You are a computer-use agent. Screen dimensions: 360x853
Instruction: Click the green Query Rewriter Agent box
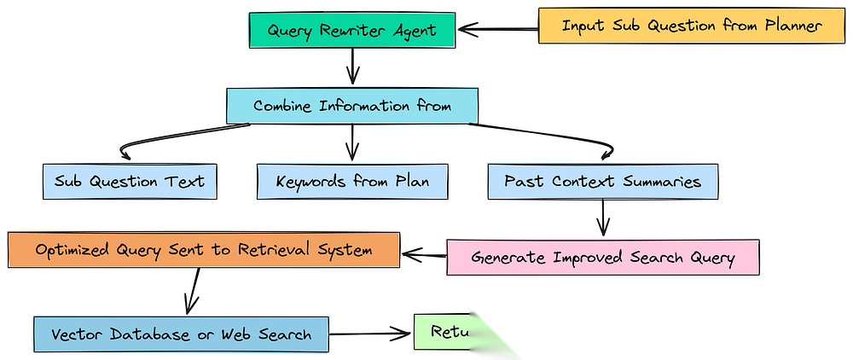[x=351, y=30]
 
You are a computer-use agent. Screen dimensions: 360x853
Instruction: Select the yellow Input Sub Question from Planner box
[x=691, y=26]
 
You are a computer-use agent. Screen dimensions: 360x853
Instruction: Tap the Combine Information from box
[x=351, y=106]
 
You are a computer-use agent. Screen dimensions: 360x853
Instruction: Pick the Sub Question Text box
[x=129, y=181]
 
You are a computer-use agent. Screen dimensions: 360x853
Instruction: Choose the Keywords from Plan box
[x=352, y=181]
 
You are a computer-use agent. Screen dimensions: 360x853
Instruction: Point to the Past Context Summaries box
[x=602, y=181]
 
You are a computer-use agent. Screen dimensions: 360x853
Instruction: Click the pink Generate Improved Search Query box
[x=602, y=257]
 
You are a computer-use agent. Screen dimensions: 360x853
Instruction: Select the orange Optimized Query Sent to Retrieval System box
[x=203, y=250]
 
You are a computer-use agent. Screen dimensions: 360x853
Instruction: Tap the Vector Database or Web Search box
[x=181, y=334]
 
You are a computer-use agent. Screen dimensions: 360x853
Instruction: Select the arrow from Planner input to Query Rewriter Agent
[x=498, y=29]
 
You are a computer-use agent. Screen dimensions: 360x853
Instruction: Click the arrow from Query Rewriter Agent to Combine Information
[x=352, y=67]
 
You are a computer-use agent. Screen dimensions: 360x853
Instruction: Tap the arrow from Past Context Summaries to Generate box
[x=603, y=217]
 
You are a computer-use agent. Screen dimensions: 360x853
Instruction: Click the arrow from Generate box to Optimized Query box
[x=424, y=253]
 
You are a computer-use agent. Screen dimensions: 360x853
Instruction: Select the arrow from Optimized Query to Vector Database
[x=193, y=290]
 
